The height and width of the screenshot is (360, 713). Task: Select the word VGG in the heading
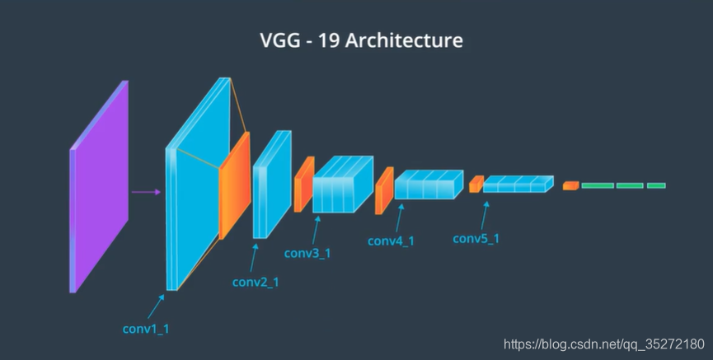pos(279,40)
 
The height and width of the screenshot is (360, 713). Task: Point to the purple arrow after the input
pos(146,193)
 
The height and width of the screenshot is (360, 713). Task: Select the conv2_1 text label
pos(255,282)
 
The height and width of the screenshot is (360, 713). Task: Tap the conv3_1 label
pos(307,253)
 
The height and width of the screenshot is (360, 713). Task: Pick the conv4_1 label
pos(391,241)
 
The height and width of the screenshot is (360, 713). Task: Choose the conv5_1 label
pos(476,239)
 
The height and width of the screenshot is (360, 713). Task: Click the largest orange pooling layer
pos(234,186)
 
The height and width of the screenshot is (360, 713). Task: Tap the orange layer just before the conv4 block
pos(384,190)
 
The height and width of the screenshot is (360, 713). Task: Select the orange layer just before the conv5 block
pos(476,184)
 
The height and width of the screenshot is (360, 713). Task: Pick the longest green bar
pos(598,185)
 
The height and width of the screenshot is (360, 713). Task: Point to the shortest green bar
pos(656,185)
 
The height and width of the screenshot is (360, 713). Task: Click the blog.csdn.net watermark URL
pos(604,343)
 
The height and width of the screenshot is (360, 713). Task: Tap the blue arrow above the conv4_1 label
pos(401,217)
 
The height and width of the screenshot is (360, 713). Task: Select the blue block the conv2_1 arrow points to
pos(270,185)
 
